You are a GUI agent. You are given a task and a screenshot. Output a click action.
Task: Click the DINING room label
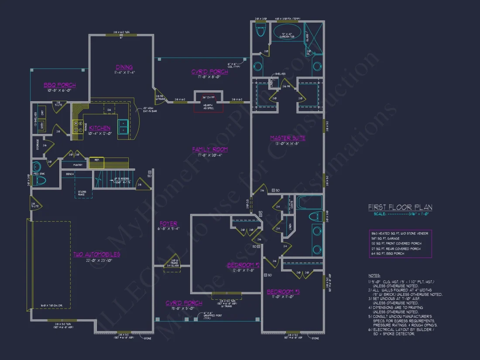(124, 67)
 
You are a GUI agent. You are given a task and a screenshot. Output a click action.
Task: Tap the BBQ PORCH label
(59, 85)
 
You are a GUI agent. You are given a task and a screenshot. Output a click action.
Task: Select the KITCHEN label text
(100, 128)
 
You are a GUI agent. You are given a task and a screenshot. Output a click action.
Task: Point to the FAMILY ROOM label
(210, 149)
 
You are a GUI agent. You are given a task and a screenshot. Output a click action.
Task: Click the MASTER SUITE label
(288, 138)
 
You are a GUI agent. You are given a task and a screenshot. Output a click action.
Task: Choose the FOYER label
(168, 223)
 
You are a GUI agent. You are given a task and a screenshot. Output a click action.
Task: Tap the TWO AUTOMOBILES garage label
(96, 254)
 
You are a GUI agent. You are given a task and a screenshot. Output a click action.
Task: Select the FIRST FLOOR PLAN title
(400, 207)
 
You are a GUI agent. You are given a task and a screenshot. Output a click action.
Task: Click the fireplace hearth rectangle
(209, 106)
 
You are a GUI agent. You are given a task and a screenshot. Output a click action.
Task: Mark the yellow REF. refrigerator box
(97, 160)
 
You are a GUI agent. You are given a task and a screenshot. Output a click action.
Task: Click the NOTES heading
(374, 276)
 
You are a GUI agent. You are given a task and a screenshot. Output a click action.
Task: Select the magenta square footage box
(400, 243)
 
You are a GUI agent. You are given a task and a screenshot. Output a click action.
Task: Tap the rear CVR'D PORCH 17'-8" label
(209, 72)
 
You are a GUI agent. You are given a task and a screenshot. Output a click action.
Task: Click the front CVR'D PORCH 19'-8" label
(184, 303)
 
